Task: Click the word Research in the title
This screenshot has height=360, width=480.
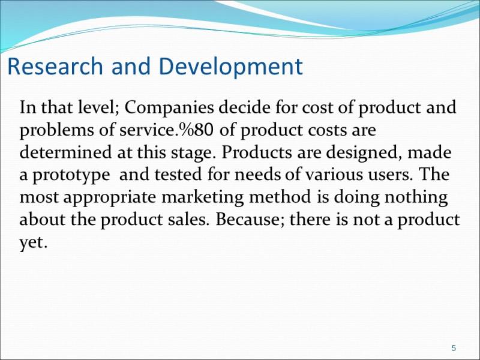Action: click(55, 66)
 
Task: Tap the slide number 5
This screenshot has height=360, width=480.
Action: click(454, 348)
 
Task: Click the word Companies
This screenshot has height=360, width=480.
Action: click(169, 108)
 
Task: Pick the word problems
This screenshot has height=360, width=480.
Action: click(57, 130)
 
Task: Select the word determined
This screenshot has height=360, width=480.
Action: click(65, 152)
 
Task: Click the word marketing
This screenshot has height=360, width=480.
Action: click(203, 198)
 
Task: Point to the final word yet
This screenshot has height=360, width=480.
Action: click(34, 243)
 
